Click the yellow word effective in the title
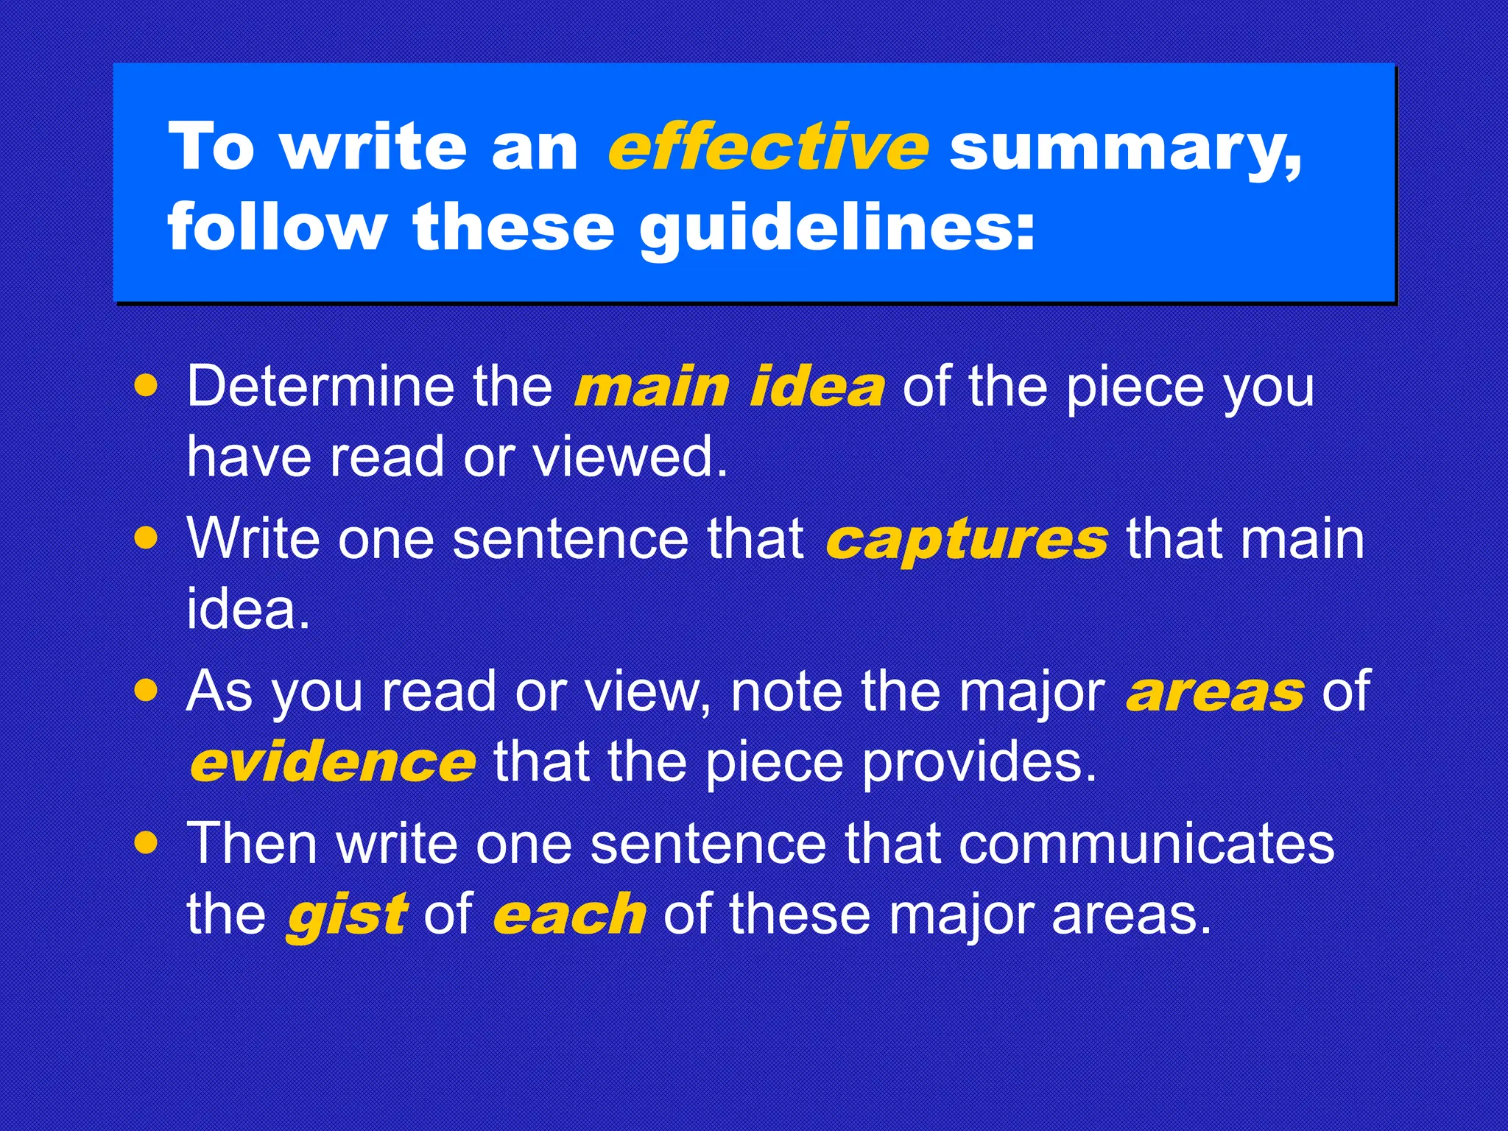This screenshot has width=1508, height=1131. (x=767, y=147)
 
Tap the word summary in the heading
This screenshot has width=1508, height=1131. (x=1125, y=149)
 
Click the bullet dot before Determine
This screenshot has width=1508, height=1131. (x=147, y=386)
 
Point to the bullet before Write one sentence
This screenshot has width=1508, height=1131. (x=147, y=538)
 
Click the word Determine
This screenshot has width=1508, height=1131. (x=320, y=386)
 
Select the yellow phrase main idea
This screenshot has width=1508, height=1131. (x=729, y=387)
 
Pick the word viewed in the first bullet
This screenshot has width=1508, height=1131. (x=630, y=457)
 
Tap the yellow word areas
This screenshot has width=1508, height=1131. (x=1215, y=692)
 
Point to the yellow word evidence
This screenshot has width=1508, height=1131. (x=333, y=763)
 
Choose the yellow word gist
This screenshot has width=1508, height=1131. (x=346, y=915)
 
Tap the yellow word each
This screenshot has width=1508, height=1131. (x=569, y=914)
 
